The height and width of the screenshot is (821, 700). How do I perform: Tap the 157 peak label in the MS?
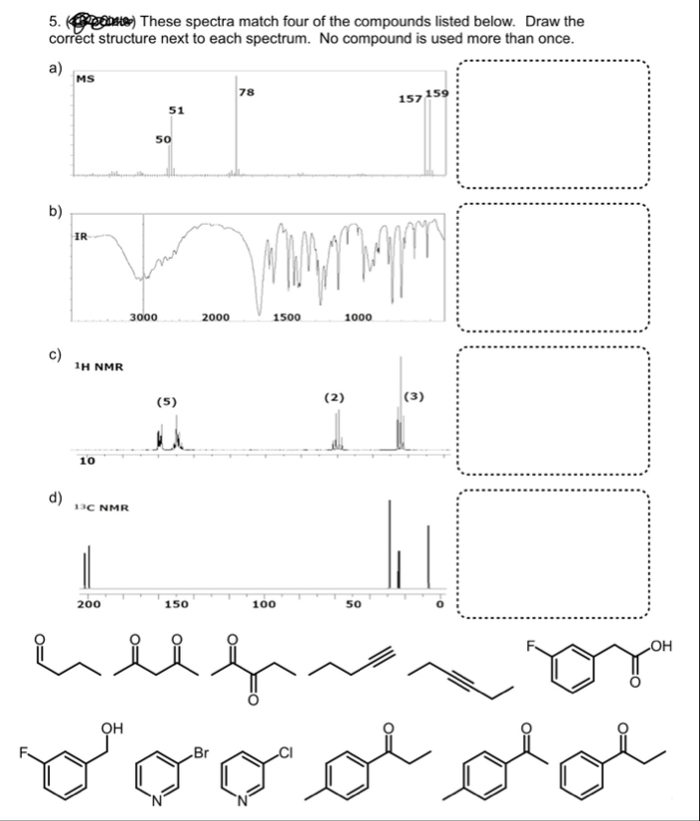[409, 100]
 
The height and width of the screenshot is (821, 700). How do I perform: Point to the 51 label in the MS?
[175, 110]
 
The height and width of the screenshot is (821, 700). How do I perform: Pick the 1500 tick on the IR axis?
[288, 317]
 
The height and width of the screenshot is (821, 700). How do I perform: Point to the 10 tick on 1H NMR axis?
[87, 461]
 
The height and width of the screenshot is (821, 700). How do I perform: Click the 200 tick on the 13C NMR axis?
[87, 603]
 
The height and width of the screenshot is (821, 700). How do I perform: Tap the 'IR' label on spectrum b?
[83, 236]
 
